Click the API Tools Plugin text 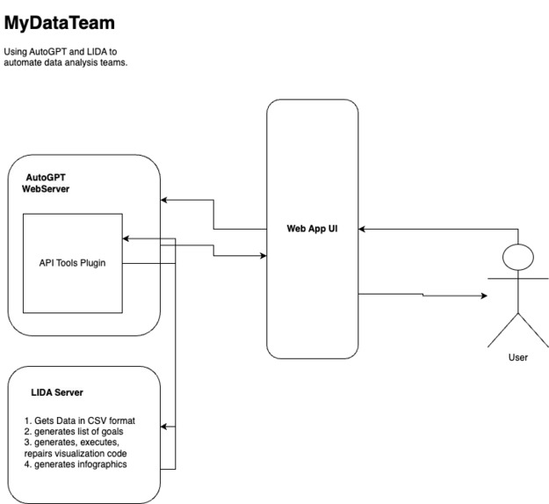tap(72, 262)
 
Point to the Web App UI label tap(312, 229)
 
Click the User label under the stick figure tap(518, 358)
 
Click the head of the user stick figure tap(518, 257)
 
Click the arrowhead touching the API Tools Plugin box tap(126, 238)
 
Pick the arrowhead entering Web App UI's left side tap(262, 256)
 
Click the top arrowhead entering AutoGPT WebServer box tap(165, 201)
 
